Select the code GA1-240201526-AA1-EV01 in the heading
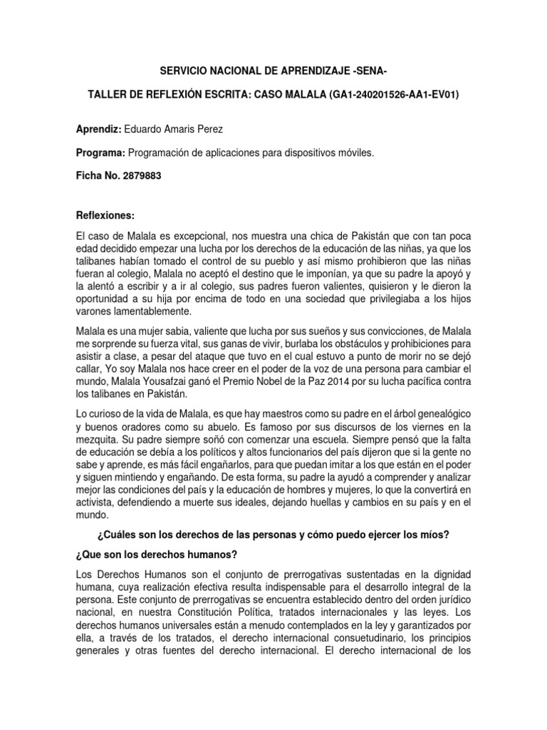click(x=394, y=94)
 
